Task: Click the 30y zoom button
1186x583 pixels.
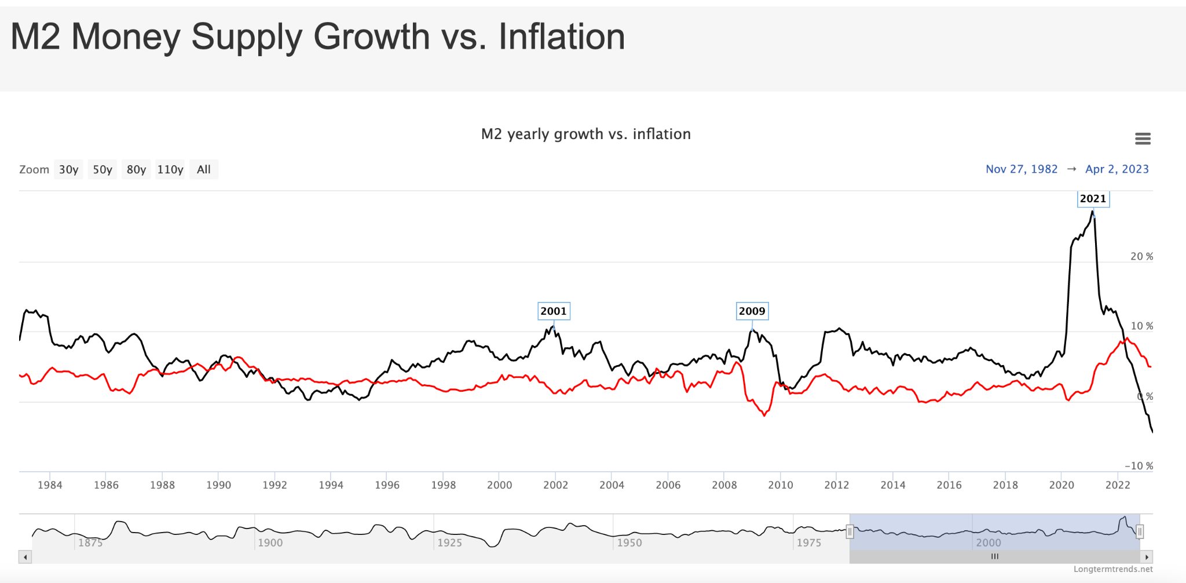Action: (68, 169)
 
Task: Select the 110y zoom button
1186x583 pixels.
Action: (170, 169)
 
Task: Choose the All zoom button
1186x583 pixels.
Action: (203, 169)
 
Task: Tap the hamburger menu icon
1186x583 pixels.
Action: (1143, 139)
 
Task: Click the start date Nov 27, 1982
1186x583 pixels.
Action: (1022, 169)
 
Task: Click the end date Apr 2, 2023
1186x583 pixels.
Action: (1117, 169)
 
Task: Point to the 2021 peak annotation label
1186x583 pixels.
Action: (1093, 198)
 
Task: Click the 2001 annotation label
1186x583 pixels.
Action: (554, 311)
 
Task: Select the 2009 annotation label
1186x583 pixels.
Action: (752, 311)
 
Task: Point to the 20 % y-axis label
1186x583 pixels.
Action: (1141, 256)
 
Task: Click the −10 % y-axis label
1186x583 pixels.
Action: (1139, 466)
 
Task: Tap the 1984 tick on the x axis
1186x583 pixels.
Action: (50, 485)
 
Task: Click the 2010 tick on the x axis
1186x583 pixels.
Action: (780, 485)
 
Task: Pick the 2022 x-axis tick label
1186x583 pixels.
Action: (1117, 485)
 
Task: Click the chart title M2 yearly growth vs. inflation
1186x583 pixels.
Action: (585, 134)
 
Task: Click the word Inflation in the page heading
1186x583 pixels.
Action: (562, 37)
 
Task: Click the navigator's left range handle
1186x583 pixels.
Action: (850, 531)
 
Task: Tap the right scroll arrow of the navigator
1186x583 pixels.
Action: (1147, 557)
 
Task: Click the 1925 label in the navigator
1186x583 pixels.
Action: (449, 543)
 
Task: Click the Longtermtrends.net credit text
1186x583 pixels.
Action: (1112, 569)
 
